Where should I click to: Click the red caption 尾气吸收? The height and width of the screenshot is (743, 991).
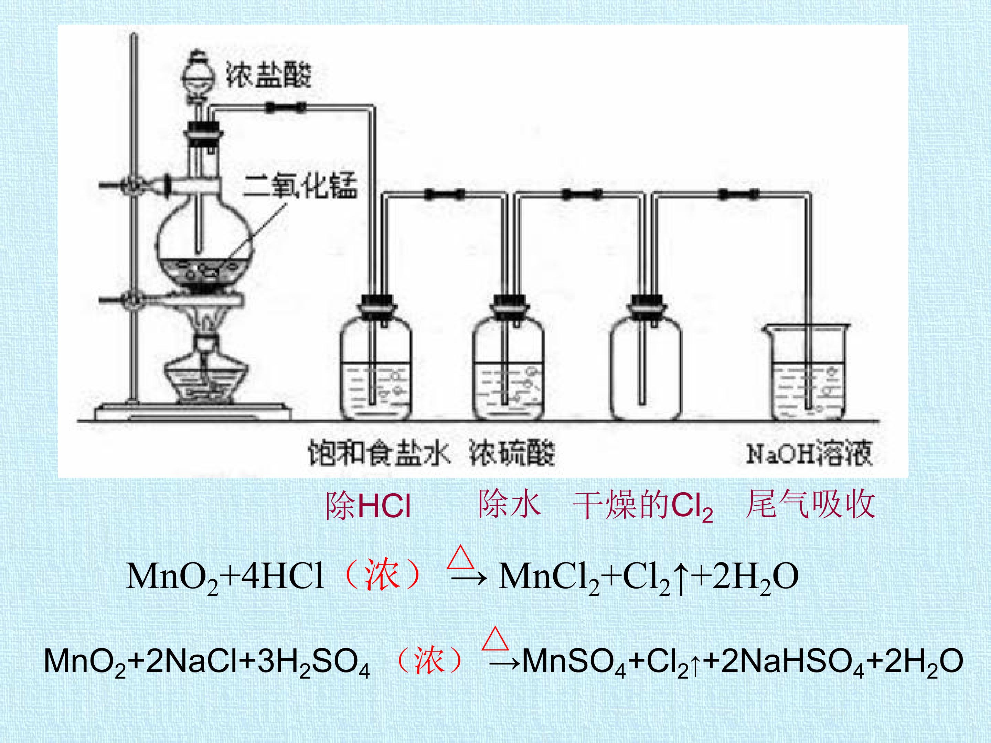(x=810, y=505)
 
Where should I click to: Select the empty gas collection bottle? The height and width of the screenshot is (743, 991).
(x=646, y=358)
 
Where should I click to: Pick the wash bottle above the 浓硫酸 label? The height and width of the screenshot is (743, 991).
(x=509, y=358)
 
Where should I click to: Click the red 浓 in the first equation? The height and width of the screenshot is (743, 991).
(x=381, y=575)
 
